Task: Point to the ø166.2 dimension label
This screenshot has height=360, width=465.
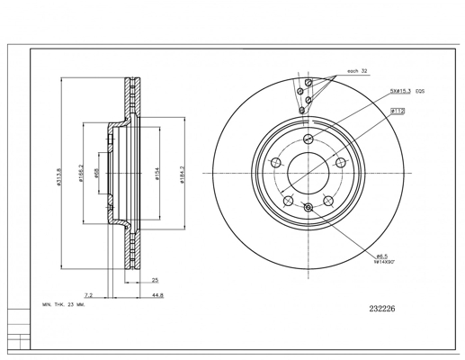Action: (80, 172)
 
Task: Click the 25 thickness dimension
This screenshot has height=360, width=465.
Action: (155, 280)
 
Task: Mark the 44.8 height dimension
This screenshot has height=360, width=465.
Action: (156, 294)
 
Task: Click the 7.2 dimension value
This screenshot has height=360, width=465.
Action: (88, 294)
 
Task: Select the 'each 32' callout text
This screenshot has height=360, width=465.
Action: (358, 71)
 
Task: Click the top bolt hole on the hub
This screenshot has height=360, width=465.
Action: (309, 138)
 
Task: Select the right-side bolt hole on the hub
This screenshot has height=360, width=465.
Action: (341, 162)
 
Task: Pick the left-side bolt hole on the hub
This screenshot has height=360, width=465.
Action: (276, 162)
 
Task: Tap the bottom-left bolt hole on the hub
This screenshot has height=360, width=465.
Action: (289, 200)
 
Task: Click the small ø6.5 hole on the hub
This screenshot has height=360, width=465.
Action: (309, 208)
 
